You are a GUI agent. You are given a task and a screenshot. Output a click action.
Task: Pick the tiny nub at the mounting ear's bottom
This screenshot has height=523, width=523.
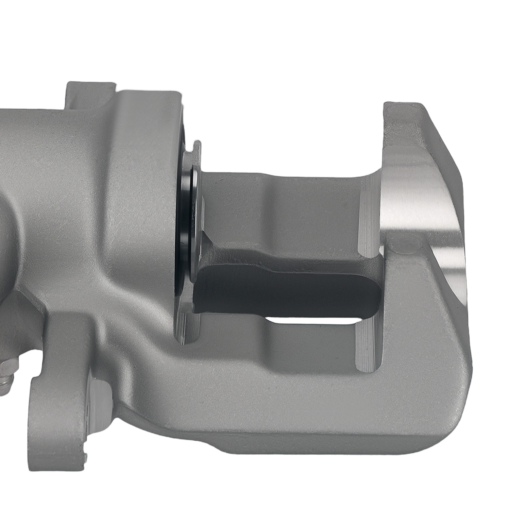click(x=86, y=456)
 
